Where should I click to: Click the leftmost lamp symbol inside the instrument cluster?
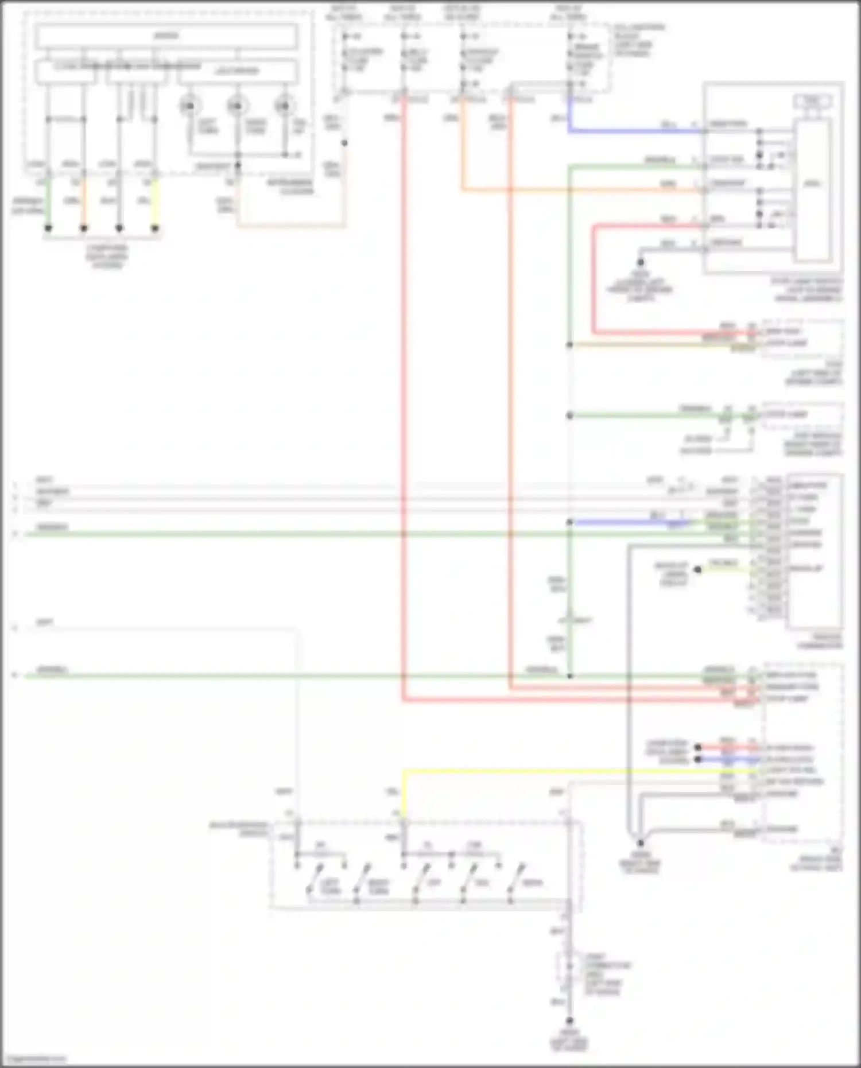coord(190,106)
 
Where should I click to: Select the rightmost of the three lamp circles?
coord(284,106)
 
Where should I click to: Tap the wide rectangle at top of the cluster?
coord(166,36)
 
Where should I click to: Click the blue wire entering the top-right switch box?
coord(631,131)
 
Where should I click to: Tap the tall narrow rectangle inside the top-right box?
coord(812,189)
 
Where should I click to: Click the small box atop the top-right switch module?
coord(812,102)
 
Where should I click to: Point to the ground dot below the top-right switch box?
coord(641,262)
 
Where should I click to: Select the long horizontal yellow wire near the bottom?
coord(574,771)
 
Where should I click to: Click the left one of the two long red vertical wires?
coord(404,402)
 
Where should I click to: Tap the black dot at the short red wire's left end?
coord(697,747)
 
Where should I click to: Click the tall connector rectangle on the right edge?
coord(814,551)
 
